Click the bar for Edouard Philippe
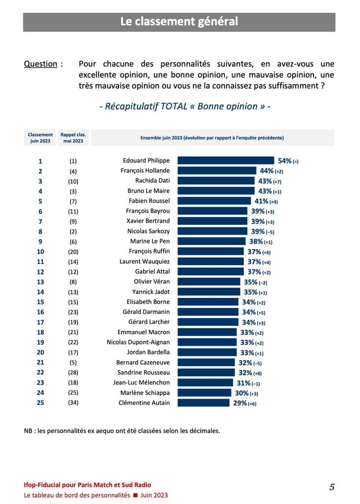pos(225,160)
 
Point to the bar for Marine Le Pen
pos(211,241)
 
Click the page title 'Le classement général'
pos(179,22)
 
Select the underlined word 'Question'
pos(40,64)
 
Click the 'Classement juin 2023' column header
pos(40,138)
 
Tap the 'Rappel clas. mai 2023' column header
pos(73,138)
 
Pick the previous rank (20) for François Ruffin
pos(73,252)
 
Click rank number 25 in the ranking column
pos(40,403)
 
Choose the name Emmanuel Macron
pos(144,332)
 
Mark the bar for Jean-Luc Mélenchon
pos(205,382)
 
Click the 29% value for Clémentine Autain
pos(237,403)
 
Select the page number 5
pos(332,487)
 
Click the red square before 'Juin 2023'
pos(135,495)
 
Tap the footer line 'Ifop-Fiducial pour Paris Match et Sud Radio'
pos(88,485)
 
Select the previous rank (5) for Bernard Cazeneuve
pos(73,362)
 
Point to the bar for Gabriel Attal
pos(210,272)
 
